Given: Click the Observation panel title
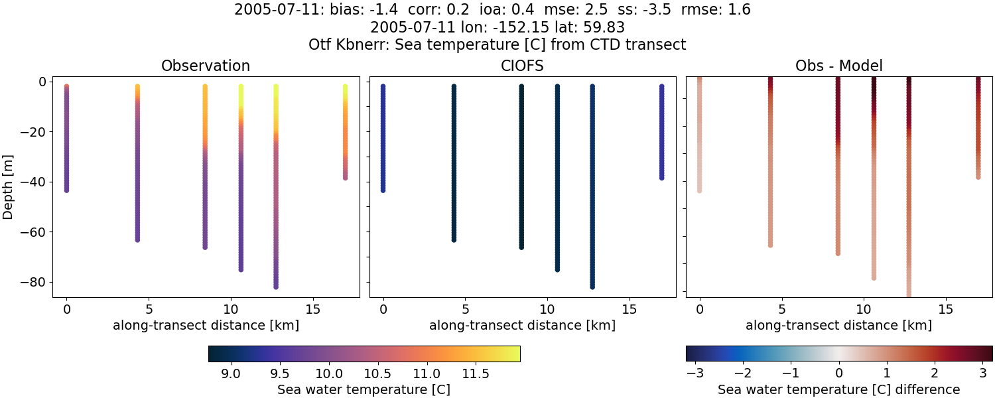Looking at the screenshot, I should [206, 66].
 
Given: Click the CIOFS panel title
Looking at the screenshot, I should [522, 66].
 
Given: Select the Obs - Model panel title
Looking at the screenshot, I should [838, 66].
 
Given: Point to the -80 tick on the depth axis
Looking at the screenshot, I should [32, 282].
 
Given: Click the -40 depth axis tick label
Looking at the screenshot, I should [32, 182].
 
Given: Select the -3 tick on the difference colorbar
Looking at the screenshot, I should [696, 373].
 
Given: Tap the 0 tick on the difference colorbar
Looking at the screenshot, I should [839, 373].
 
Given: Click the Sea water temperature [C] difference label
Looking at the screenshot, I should [838, 389].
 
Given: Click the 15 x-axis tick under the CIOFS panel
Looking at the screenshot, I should [629, 309].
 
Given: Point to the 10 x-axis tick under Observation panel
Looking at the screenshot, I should [230, 309].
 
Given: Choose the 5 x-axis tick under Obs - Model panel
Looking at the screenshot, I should [782, 309].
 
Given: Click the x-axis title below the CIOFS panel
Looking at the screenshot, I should [522, 325].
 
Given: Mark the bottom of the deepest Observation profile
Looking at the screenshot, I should [275, 287].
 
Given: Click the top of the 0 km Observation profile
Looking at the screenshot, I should [66, 87].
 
